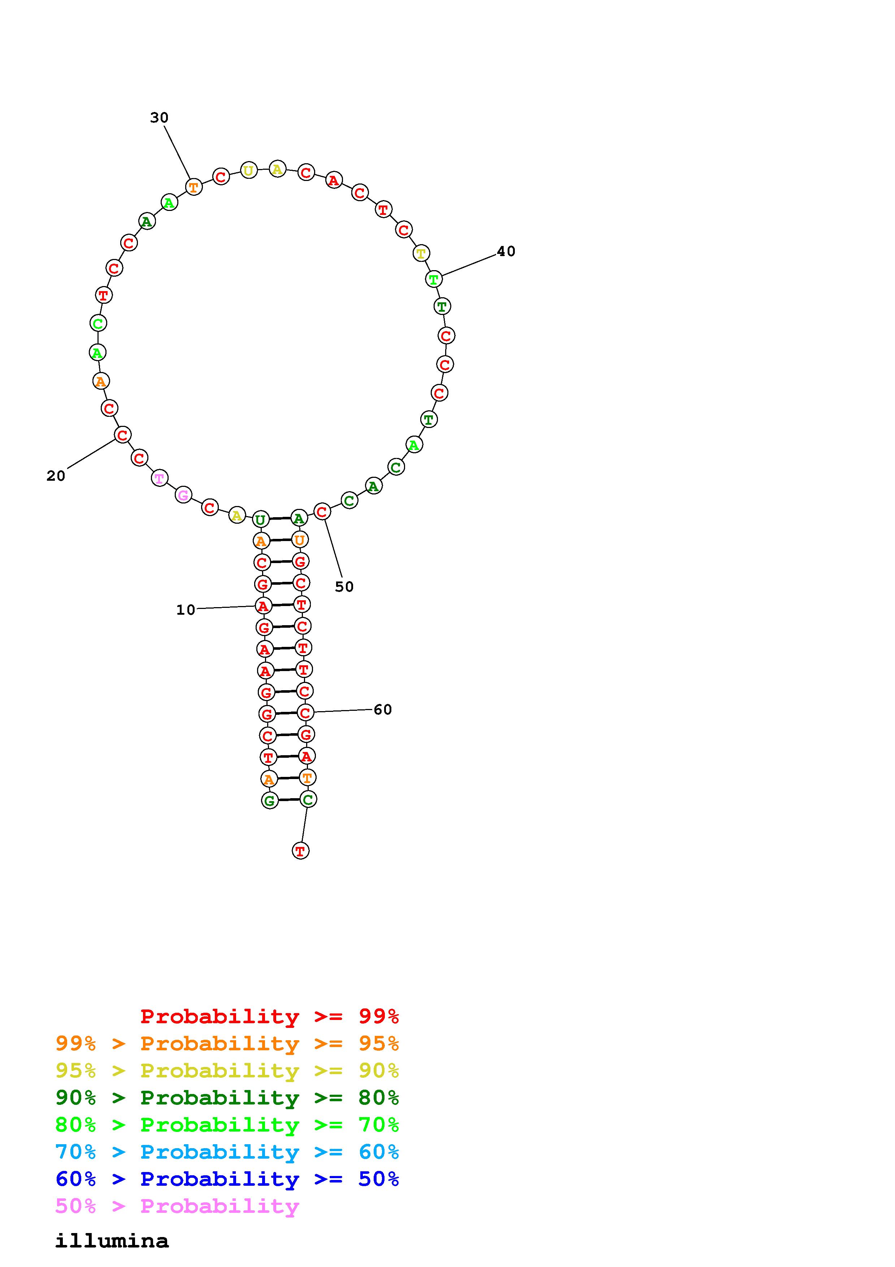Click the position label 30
[x=159, y=117]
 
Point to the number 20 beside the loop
[x=56, y=476]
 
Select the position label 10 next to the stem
[x=186, y=610]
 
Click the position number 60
[x=383, y=710]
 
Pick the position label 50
[x=344, y=587]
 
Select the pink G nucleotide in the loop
[x=183, y=495]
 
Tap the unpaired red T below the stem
[x=300, y=851]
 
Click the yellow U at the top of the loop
[x=249, y=170]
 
